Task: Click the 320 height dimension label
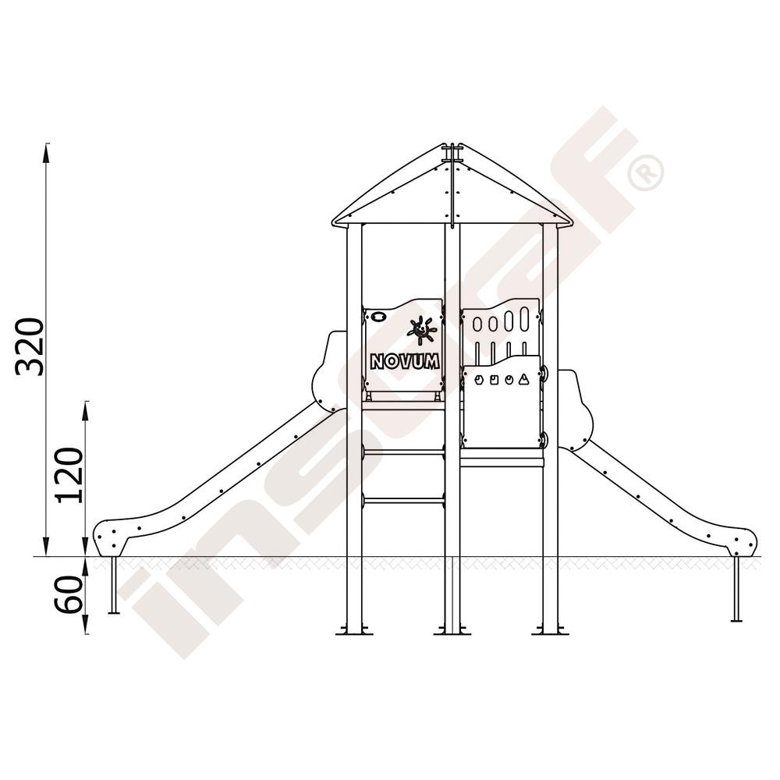point(30,346)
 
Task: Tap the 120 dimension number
point(69,476)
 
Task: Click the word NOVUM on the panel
point(404,361)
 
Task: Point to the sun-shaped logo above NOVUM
point(422,330)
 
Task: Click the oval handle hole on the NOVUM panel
point(378,317)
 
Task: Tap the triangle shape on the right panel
point(523,380)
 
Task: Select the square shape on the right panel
point(494,381)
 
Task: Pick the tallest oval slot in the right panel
point(524,319)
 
